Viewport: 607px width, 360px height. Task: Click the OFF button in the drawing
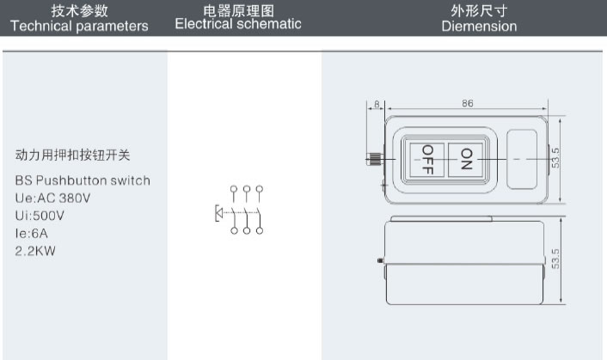427,159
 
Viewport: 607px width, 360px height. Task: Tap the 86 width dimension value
468,103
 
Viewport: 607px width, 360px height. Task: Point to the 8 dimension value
377,104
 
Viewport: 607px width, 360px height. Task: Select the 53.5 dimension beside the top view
557,158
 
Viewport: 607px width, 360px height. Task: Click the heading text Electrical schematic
238,24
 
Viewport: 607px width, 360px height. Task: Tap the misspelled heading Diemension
479,27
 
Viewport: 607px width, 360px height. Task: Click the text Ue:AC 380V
52,197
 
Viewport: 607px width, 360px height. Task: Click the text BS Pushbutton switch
83,180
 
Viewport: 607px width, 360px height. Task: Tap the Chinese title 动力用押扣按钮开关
74,156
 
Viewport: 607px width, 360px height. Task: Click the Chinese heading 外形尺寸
479,10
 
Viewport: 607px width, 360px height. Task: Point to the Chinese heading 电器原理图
238,10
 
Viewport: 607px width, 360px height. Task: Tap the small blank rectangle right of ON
524,158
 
